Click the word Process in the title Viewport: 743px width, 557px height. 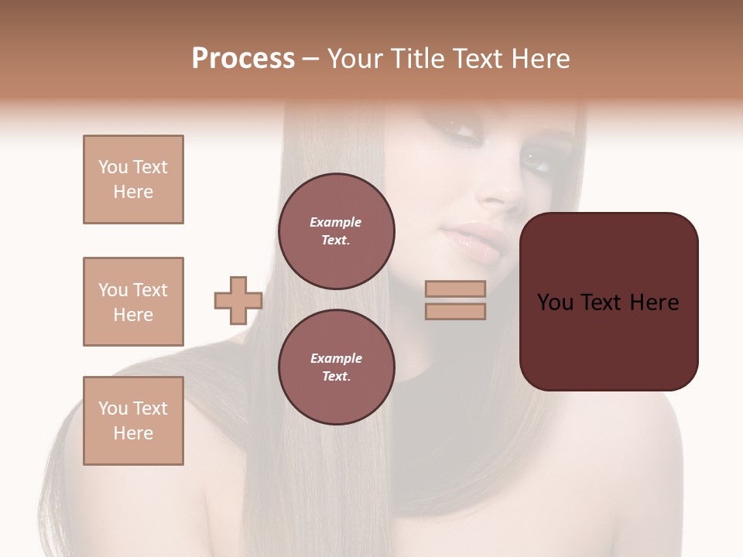[x=243, y=59]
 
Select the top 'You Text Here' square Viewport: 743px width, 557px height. [x=133, y=179]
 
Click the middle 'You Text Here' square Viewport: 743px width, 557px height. [x=133, y=302]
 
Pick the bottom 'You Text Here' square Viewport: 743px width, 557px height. [x=133, y=421]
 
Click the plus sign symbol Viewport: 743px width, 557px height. [x=238, y=301]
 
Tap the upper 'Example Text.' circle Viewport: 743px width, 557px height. [x=336, y=231]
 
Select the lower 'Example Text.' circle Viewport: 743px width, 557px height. [x=336, y=367]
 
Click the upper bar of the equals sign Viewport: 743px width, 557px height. [x=455, y=289]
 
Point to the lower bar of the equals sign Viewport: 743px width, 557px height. [x=455, y=311]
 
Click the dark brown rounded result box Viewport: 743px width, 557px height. [x=608, y=302]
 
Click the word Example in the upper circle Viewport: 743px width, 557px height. [x=336, y=222]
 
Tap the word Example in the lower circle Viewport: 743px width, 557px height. [x=336, y=358]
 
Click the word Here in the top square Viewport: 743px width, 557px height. [x=133, y=192]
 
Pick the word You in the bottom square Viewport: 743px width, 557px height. [x=112, y=408]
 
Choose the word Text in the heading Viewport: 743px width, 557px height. [x=476, y=59]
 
